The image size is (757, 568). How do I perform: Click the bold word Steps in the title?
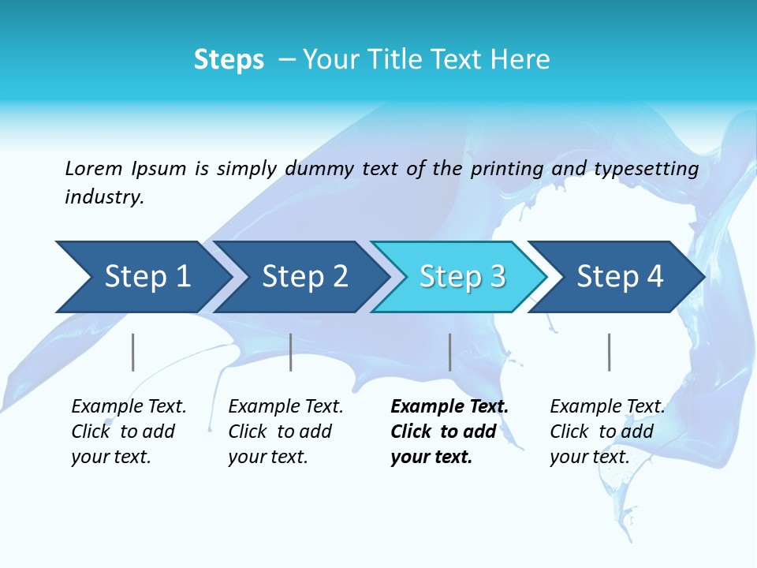(229, 60)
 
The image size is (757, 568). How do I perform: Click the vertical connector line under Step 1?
(133, 352)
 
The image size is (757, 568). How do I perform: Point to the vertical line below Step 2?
(291, 352)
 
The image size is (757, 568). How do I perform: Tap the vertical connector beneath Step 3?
(449, 352)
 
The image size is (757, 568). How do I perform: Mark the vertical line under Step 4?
(609, 352)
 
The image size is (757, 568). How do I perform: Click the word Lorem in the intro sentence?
(94, 168)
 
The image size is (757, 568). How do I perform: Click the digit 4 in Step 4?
(654, 277)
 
